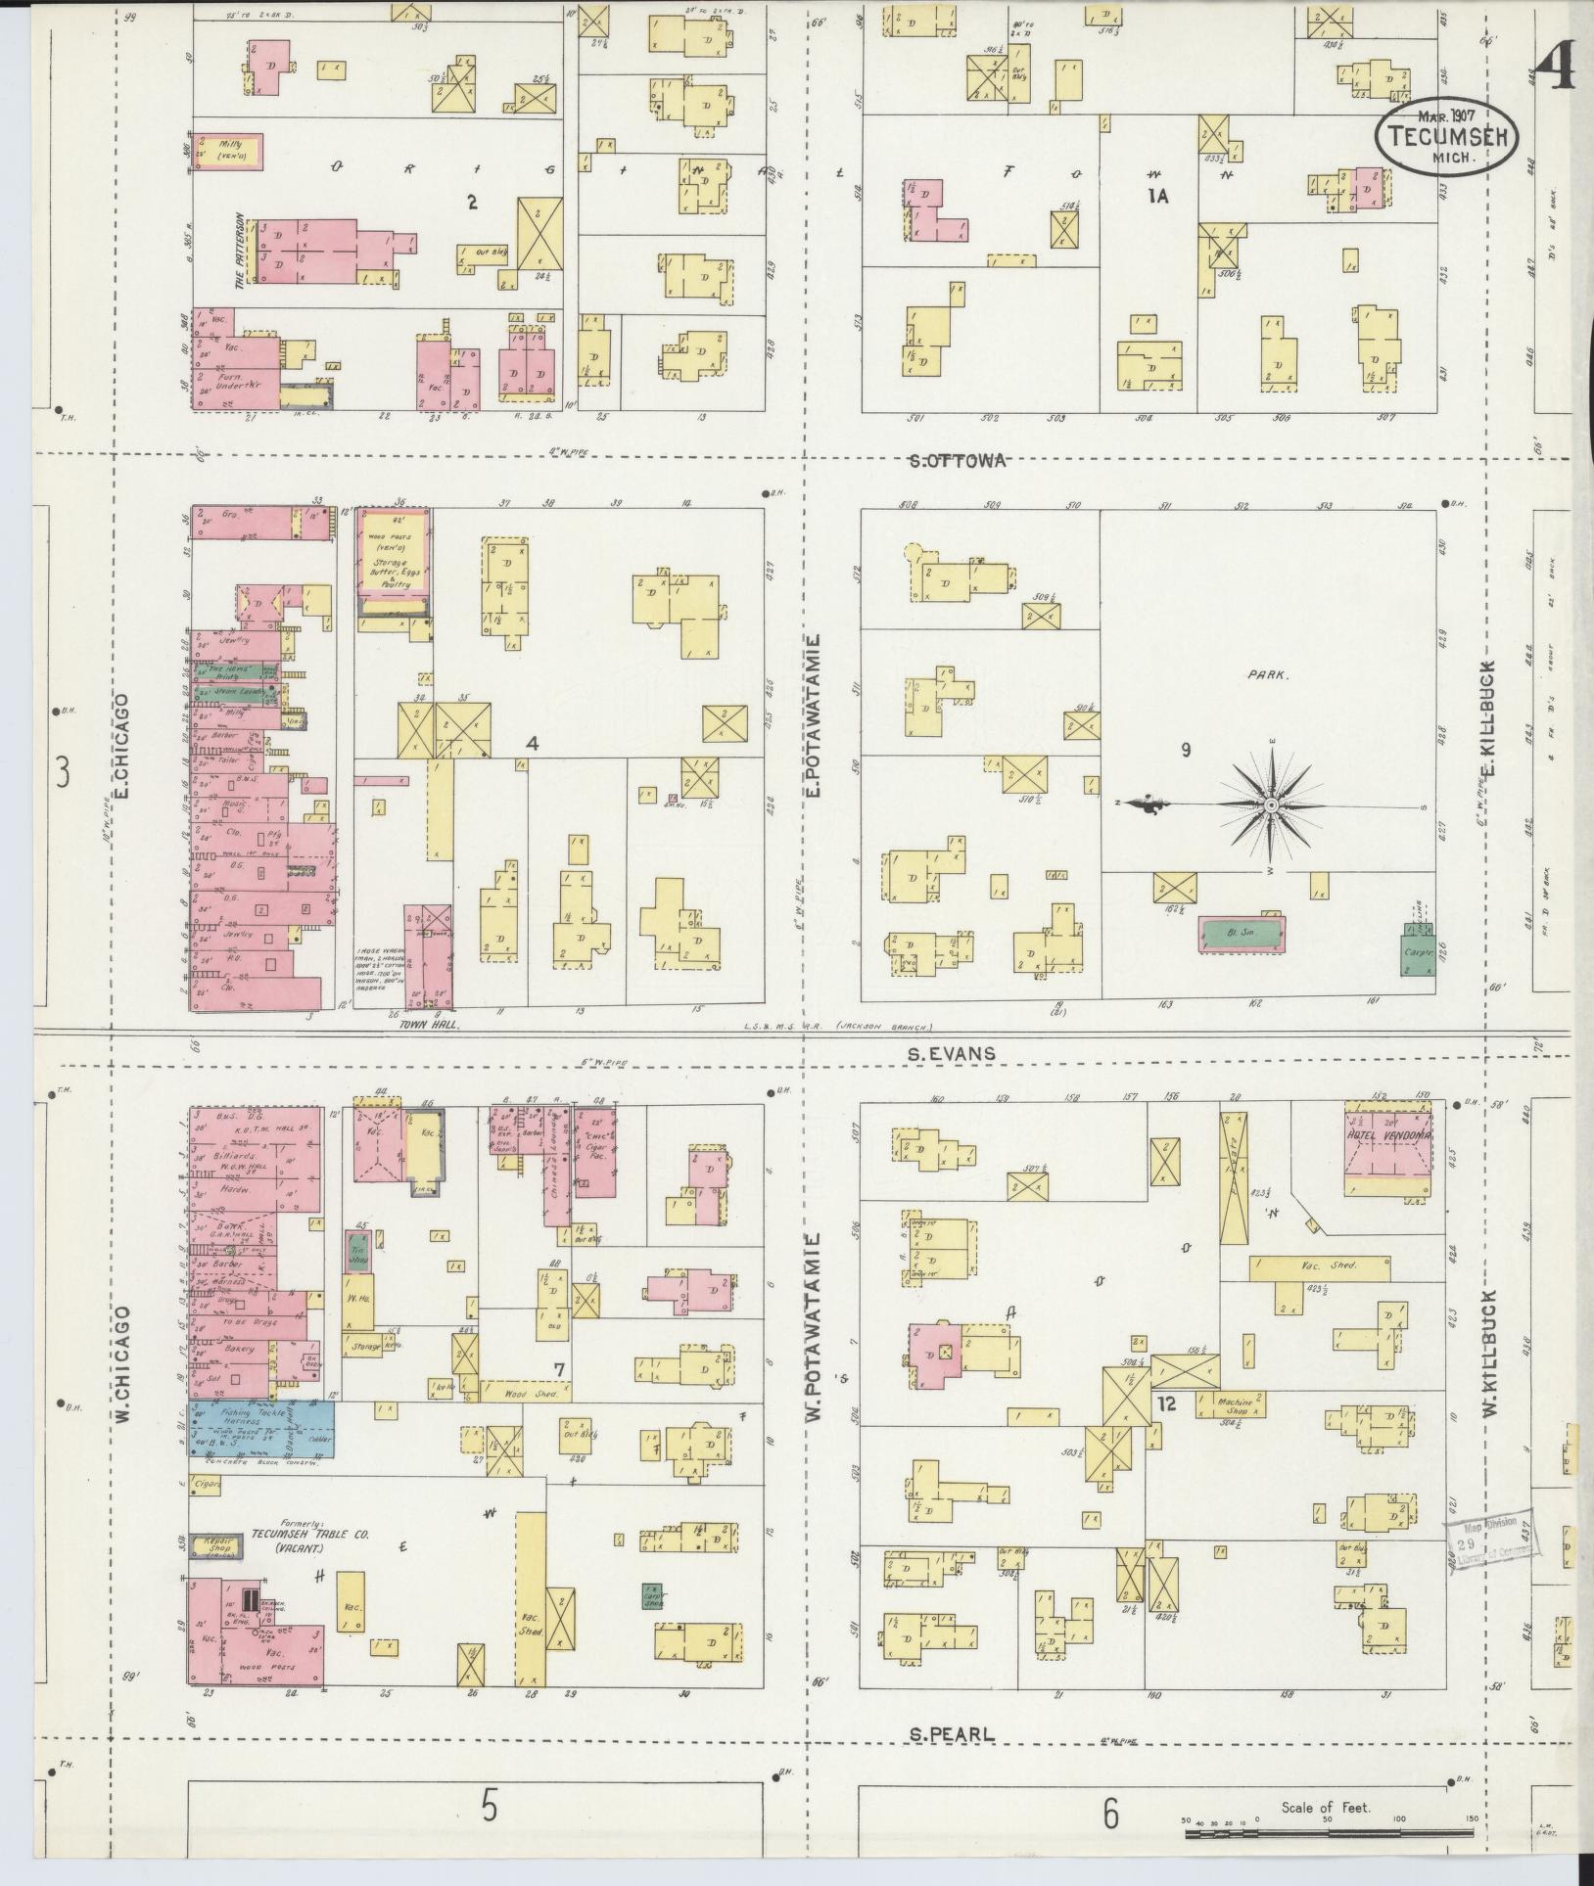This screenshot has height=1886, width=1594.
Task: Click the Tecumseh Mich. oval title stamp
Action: pyautogui.click(x=1447, y=138)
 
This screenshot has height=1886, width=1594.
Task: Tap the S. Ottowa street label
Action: pyautogui.click(x=957, y=461)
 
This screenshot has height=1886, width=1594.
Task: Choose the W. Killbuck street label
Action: pyautogui.click(x=1490, y=1330)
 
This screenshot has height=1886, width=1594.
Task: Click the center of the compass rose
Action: pyautogui.click(x=1271, y=805)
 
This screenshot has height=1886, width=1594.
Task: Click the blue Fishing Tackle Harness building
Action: pyautogui.click(x=260, y=1429)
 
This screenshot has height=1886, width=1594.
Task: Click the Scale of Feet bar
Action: pyautogui.click(x=1330, y=1829)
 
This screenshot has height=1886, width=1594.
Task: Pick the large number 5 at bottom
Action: pyautogui.click(x=488, y=1809)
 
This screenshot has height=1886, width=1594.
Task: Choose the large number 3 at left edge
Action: pyautogui.click(x=63, y=775)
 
